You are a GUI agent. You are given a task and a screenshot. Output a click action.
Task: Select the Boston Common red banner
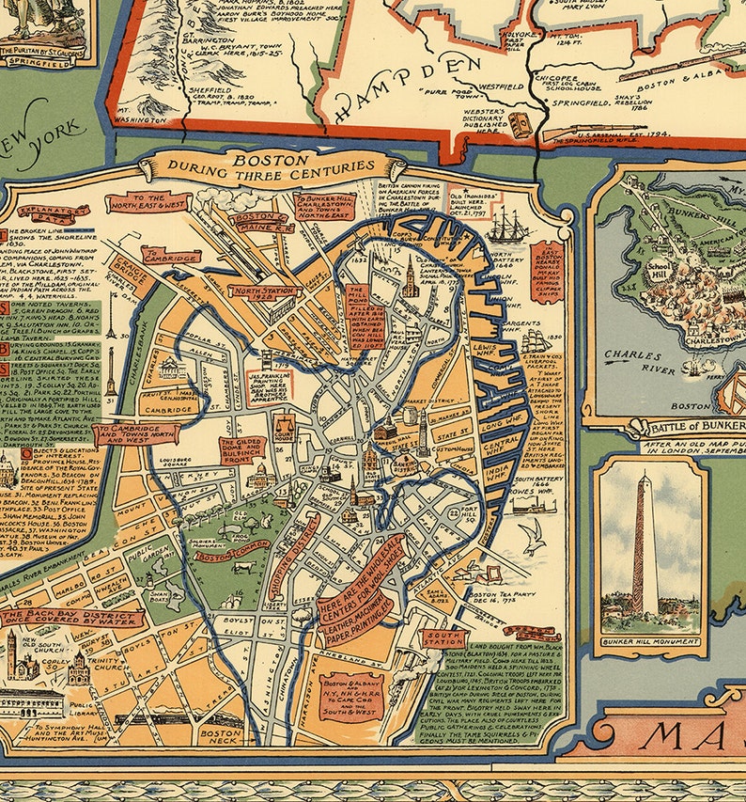click(x=223, y=556)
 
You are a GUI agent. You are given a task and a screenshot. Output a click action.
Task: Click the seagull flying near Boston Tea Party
click(x=535, y=540)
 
